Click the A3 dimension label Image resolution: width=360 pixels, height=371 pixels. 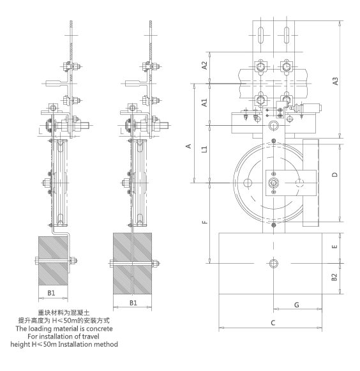tap(335, 81)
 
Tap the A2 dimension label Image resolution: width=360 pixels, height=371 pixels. tap(204, 66)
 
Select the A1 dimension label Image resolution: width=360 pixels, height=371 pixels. tap(204, 103)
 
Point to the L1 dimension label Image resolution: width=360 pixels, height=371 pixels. tap(204, 149)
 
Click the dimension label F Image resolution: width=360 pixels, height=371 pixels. tap(205, 222)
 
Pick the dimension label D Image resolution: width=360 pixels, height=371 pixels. tap(335, 174)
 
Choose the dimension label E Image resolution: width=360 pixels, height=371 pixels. tap(334, 246)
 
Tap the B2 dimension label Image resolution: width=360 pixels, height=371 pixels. tap(334, 277)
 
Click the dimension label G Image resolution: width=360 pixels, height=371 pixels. tap(297, 305)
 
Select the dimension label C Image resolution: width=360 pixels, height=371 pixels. tap(273, 322)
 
